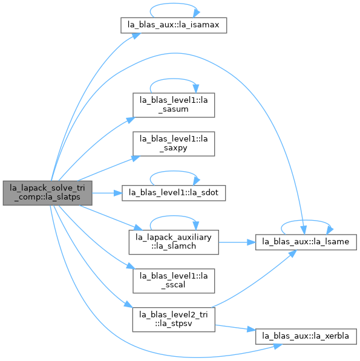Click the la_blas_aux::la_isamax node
(x=174, y=25)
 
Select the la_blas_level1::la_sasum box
(x=174, y=105)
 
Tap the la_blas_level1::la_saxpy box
(x=174, y=144)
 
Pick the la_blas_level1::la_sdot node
(x=174, y=193)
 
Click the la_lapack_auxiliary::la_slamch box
(x=174, y=242)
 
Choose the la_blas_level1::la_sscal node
(x=174, y=281)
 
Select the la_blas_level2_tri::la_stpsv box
(x=174, y=319)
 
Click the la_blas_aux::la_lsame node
(x=306, y=242)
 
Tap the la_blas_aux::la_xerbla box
(x=306, y=336)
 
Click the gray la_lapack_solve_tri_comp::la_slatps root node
(x=47, y=193)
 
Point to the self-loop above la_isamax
(x=174, y=4)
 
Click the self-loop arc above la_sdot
(x=174, y=171)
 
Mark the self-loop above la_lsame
(x=306, y=220)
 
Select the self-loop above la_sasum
(x=174, y=79)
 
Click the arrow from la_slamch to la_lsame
(x=237, y=242)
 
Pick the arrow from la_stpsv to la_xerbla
(x=235, y=328)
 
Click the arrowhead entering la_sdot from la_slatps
(x=118, y=193)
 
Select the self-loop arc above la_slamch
(x=174, y=216)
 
